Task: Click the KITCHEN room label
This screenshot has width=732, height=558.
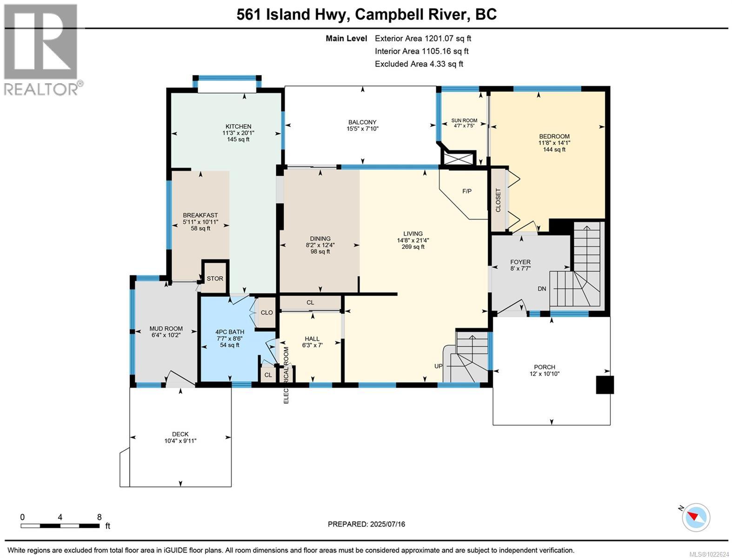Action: [x=238, y=126]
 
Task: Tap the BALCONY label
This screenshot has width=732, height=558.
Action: [x=362, y=122]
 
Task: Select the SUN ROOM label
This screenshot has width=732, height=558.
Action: [x=464, y=120]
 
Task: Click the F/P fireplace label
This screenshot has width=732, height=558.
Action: [x=467, y=191]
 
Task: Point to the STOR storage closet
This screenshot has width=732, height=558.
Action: [x=215, y=279]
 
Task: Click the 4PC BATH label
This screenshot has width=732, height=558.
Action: [x=230, y=332]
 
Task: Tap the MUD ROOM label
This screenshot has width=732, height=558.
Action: [x=166, y=328]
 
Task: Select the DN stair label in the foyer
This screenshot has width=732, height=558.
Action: [x=542, y=289]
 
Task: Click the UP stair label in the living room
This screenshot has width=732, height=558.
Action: [x=439, y=366]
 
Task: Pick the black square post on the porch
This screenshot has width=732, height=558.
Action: [x=605, y=385]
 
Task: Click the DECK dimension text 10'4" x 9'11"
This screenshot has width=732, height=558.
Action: [x=180, y=441]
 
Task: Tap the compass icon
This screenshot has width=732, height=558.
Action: [x=696, y=517]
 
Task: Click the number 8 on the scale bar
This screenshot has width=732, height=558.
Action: [x=99, y=517]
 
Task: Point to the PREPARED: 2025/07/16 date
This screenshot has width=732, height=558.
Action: [x=366, y=524]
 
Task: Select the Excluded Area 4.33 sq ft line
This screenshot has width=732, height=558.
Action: [x=419, y=64]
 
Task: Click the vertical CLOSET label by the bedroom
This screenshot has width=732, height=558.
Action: [x=498, y=200]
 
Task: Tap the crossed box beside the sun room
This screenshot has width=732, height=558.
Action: [x=459, y=158]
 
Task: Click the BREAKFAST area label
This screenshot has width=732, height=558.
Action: [x=200, y=215]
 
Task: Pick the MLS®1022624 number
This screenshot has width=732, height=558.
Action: [x=709, y=553]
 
